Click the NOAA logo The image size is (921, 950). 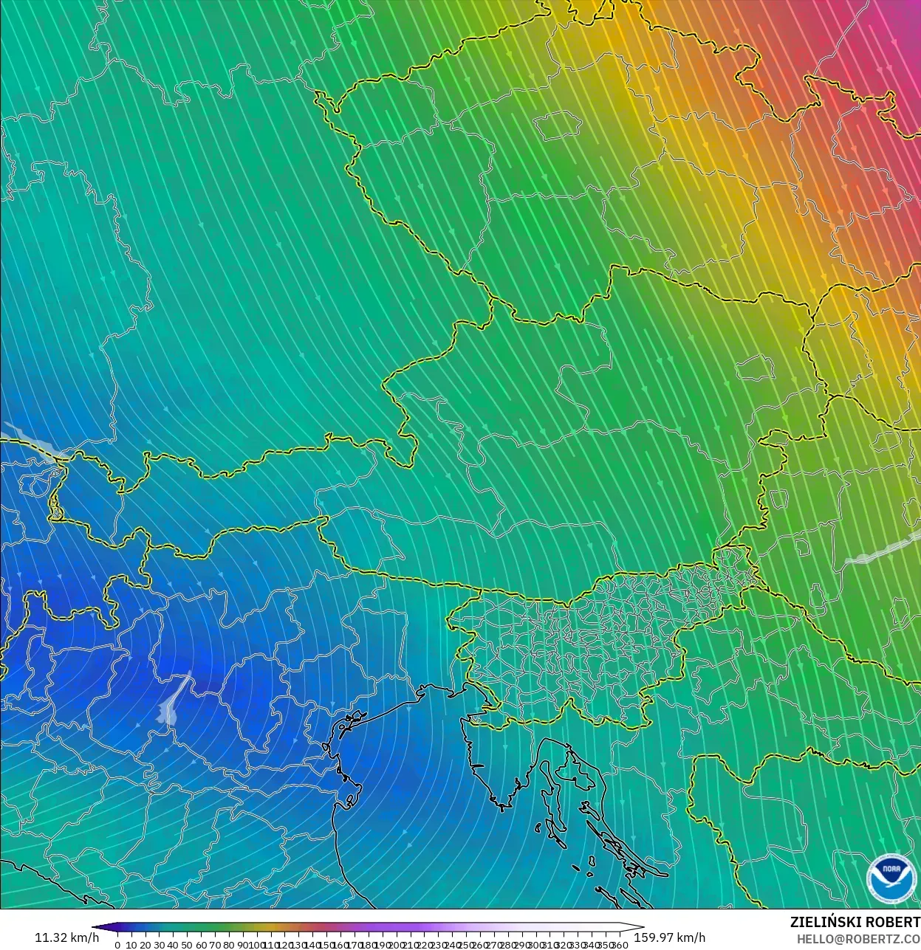click(x=891, y=878)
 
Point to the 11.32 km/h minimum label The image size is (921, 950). click(x=66, y=937)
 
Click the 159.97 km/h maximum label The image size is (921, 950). click(x=669, y=937)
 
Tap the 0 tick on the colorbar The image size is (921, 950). click(x=117, y=945)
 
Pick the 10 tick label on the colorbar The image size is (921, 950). click(x=131, y=945)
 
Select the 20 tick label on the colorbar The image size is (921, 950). click(x=145, y=945)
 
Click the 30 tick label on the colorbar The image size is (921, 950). click(x=159, y=945)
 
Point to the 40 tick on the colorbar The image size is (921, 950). click(x=173, y=945)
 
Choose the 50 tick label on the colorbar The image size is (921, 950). click(x=187, y=945)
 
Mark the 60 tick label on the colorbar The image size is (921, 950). click(x=201, y=945)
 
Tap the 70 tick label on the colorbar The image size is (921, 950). click(x=215, y=945)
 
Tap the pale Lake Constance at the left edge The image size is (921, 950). click(x=30, y=441)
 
